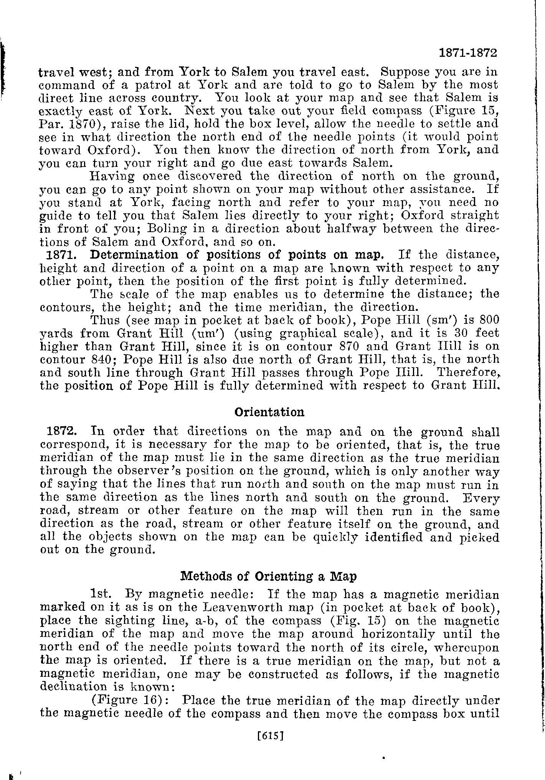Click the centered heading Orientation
pyautogui.click(x=269, y=412)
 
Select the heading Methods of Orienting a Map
pyautogui.click(x=269, y=577)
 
